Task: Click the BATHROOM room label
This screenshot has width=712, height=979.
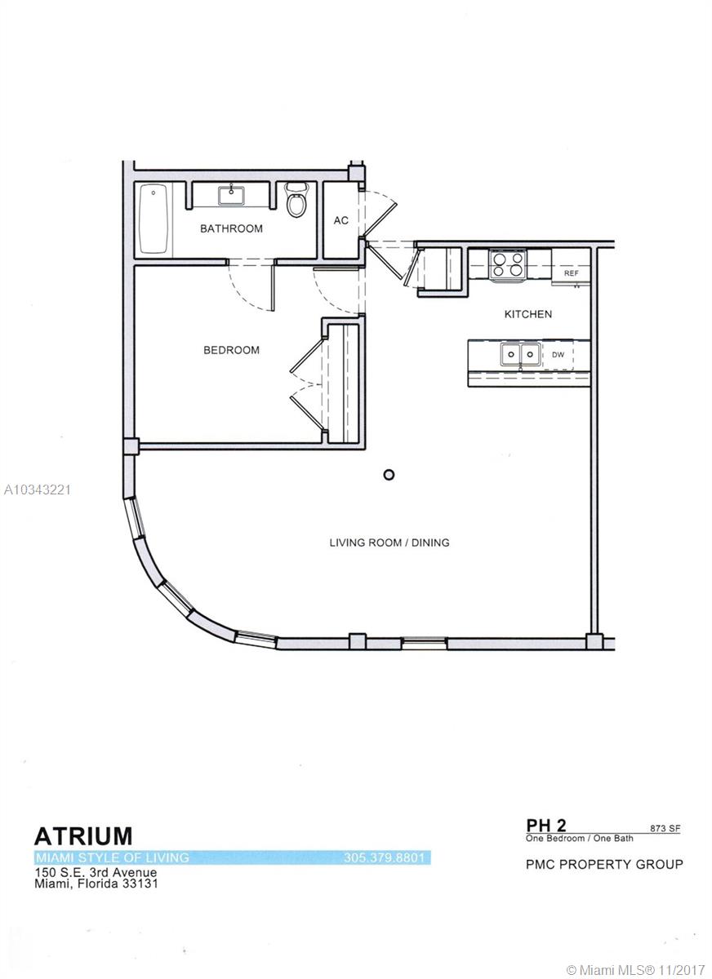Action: (x=231, y=228)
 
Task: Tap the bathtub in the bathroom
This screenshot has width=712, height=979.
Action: (x=154, y=219)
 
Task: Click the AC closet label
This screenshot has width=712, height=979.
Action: (x=341, y=221)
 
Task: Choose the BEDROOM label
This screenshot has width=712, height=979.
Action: (x=231, y=350)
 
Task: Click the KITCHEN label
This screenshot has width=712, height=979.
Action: (x=527, y=314)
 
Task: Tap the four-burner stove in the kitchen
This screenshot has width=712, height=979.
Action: (x=507, y=264)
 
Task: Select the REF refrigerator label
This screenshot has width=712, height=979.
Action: (x=571, y=273)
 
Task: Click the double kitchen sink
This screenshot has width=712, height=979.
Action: (x=520, y=354)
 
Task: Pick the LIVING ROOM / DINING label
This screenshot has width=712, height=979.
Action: (x=389, y=543)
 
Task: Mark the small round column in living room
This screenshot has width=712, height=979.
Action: (x=389, y=475)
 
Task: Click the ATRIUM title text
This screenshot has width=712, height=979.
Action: (x=83, y=836)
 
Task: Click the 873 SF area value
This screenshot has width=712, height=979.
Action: (x=665, y=829)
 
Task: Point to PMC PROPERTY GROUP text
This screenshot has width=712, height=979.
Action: (x=604, y=864)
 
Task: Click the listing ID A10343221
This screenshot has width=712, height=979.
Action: (x=38, y=490)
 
